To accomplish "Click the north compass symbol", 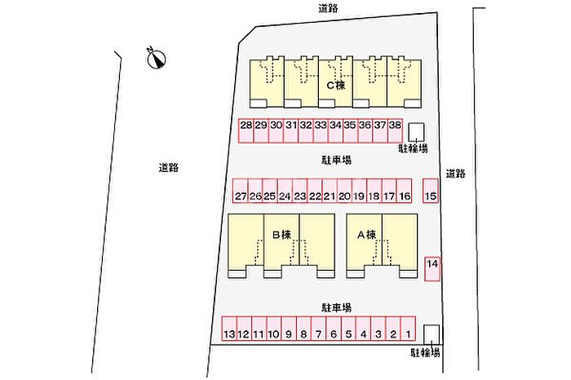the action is tap(157, 58).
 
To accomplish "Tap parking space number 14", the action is tap(432, 269).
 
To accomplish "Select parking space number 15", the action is tap(431, 190).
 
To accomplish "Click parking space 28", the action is tap(246, 130).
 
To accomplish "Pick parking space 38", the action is tap(395, 130).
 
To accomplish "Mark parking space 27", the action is tap(241, 190).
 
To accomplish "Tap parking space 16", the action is tap(405, 190).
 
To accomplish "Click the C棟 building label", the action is tap(336, 86).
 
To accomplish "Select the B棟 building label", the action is tap(282, 235).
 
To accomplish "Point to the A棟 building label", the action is tap(367, 235).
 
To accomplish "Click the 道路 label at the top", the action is tap(328, 8).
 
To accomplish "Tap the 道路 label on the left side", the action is tap(169, 168).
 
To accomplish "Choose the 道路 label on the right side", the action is tap(455, 174).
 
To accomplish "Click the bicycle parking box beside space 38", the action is tap(416, 132).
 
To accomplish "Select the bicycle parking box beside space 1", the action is tap(432, 334).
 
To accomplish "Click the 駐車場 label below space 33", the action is tap(336, 160).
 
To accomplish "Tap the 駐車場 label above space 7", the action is tap(336, 308).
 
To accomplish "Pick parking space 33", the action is tap(321, 130).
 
